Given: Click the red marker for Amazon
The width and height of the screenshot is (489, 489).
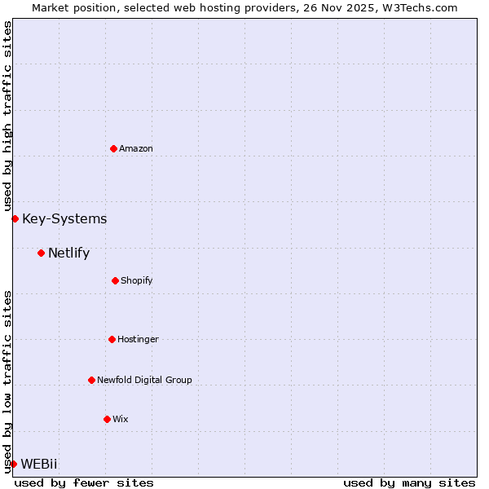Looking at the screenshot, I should pos(113,148).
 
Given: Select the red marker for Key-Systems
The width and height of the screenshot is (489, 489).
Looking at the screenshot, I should pos(15,218).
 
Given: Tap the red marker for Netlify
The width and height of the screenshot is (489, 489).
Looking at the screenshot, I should pos(41,253).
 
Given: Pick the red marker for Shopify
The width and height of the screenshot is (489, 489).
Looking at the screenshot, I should pos(115,280).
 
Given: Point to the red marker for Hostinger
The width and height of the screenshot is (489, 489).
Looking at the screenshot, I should pos(112,339).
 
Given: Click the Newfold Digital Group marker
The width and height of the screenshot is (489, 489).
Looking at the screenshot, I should pos(91,380).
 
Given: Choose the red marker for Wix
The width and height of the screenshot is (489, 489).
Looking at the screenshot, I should pos(107,419).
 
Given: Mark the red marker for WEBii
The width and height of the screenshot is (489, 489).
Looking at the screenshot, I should pos(13,464).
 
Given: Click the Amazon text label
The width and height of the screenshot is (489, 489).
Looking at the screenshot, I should pos(136,148).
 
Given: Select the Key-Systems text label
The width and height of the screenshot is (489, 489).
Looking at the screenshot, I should pos(64,218).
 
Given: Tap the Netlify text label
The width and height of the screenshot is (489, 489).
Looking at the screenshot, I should pos(68,253).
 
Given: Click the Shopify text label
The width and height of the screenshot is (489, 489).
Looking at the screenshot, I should pos(137,280).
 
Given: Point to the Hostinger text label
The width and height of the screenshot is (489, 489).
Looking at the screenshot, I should pos(138,339).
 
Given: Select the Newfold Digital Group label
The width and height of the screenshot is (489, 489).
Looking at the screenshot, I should pos(144,380).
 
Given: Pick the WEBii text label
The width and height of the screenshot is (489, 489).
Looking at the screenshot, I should pos(39,464).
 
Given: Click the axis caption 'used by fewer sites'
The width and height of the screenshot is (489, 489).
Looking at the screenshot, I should pos(84,482).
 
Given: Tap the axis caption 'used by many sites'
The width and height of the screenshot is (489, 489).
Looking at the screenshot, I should pos(409,482).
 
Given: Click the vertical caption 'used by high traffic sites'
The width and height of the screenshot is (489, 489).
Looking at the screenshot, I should pos(7,116).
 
